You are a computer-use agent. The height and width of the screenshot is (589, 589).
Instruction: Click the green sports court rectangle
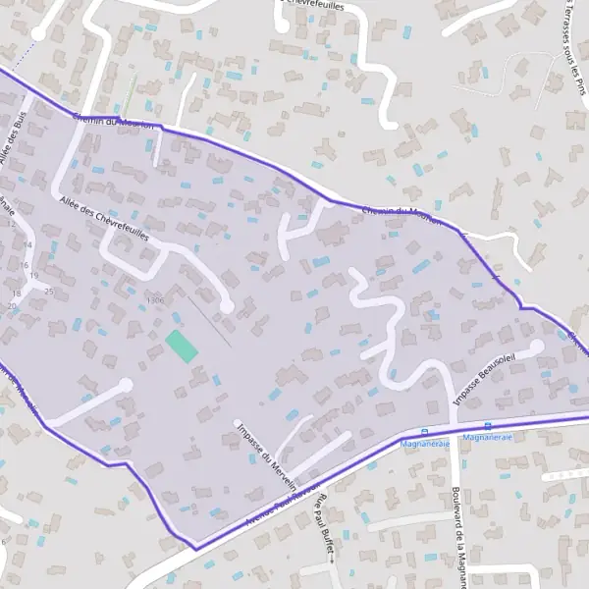pos(181,346)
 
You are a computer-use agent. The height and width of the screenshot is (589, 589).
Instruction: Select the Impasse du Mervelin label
pos(267,453)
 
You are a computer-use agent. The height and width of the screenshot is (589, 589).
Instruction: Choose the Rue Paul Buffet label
pos(324,525)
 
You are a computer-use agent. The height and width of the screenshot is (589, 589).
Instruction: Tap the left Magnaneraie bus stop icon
pos(424,432)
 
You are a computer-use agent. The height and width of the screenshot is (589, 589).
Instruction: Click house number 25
pos(48,293)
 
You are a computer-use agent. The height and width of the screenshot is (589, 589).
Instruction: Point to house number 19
pos(33,276)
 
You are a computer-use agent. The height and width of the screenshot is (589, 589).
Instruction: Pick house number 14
pos(27,244)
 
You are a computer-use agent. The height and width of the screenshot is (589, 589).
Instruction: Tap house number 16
pos(23,266)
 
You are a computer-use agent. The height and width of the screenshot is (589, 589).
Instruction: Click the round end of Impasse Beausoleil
pos(537,347)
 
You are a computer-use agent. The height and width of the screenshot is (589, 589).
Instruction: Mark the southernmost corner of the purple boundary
pos(194,547)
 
